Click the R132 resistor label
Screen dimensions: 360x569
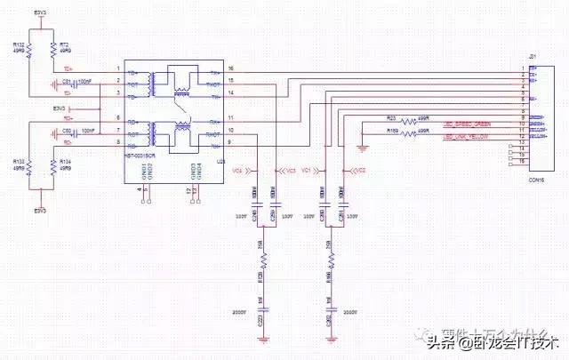coord(19,43)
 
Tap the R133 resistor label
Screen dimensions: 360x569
coord(19,162)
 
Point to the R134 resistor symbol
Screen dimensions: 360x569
coord(54,166)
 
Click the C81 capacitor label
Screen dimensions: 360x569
coord(67,81)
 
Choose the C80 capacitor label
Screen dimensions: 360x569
coord(67,130)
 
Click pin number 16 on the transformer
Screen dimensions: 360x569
coord(230,68)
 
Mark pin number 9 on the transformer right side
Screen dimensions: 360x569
coord(230,142)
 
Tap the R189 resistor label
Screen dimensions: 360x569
coord(391,130)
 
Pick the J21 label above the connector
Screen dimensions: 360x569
coord(533,57)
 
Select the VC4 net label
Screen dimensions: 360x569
coord(236,169)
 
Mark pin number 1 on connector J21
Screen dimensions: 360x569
coord(521,68)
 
